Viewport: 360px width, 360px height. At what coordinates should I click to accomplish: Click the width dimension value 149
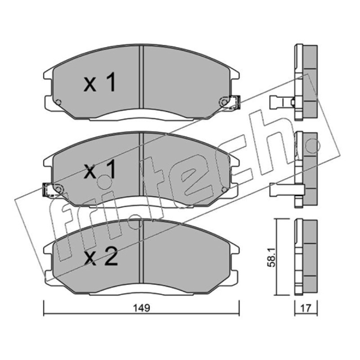pyautogui.click(x=142, y=308)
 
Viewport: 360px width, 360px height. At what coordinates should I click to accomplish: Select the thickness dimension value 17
pyautogui.click(x=306, y=308)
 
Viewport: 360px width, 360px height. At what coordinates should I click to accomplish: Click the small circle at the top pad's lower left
pyautogui.click(x=59, y=102)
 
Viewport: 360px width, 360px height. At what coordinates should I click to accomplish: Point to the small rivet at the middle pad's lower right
pyautogui.click(x=224, y=189)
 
